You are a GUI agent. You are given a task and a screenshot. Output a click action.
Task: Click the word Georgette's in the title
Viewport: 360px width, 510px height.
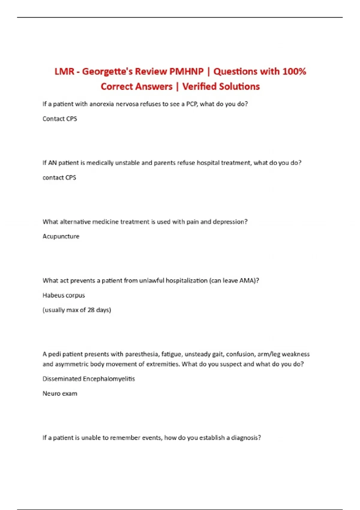tap(107, 72)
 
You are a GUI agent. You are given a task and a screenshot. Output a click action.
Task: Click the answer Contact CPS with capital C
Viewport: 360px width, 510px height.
tap(60, 119)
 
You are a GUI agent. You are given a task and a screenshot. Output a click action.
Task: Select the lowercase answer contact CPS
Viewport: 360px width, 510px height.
tap(59, 178)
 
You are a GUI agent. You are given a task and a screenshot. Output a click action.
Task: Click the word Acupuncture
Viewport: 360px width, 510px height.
tap(61, 236)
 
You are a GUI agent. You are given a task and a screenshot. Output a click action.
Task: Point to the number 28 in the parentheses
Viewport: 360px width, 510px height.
tap(91, 310)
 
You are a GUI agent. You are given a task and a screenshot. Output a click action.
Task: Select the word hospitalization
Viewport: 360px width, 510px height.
tap(187, 280)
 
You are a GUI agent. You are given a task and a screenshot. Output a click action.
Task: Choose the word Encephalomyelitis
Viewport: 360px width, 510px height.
tap(109, 379)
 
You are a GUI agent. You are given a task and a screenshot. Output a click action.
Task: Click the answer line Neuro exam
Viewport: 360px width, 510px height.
tap(60, 394)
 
